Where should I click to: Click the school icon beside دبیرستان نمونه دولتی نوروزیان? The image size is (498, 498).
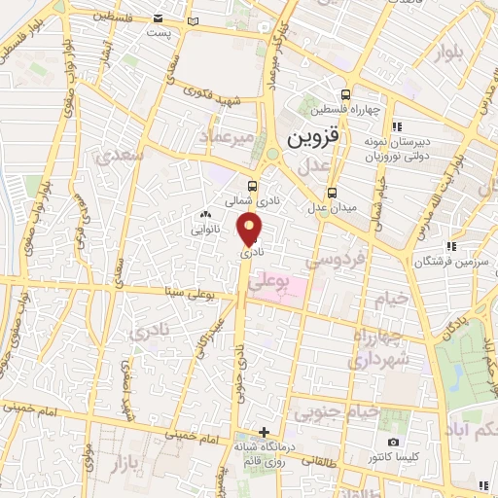[x=397, y=126]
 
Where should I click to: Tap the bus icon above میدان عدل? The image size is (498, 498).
[x=333, y=192]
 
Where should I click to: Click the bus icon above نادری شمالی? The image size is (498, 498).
[x=253, y=186]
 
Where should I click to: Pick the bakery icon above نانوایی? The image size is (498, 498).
[x=205, y=215]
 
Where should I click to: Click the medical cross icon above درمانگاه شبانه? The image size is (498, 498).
[x=264, y=432]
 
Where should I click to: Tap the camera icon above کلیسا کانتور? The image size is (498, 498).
[x=393, y=443]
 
